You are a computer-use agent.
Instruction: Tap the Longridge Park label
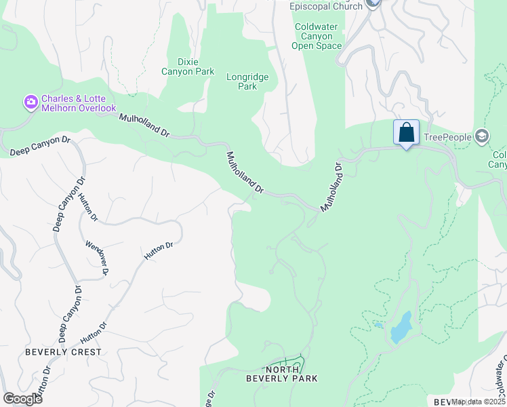(247, 81)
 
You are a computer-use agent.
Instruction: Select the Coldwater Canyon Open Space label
(317, 36)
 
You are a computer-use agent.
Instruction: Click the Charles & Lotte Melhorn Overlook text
(79, 103)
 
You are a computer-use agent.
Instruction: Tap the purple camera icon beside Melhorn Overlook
(31, 103)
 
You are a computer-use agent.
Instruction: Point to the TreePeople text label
(447, 136)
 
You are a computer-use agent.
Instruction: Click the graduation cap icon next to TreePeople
(482, 136)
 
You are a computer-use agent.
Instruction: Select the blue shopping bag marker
(406, 132)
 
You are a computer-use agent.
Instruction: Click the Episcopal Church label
(325, 5)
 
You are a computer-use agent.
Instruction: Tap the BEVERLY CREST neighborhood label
(63, 352)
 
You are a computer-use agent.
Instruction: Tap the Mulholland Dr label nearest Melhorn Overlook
(144, 127)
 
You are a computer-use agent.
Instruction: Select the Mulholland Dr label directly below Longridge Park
(244, 172)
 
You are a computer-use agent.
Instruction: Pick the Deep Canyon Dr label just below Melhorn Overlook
(40, 147)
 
